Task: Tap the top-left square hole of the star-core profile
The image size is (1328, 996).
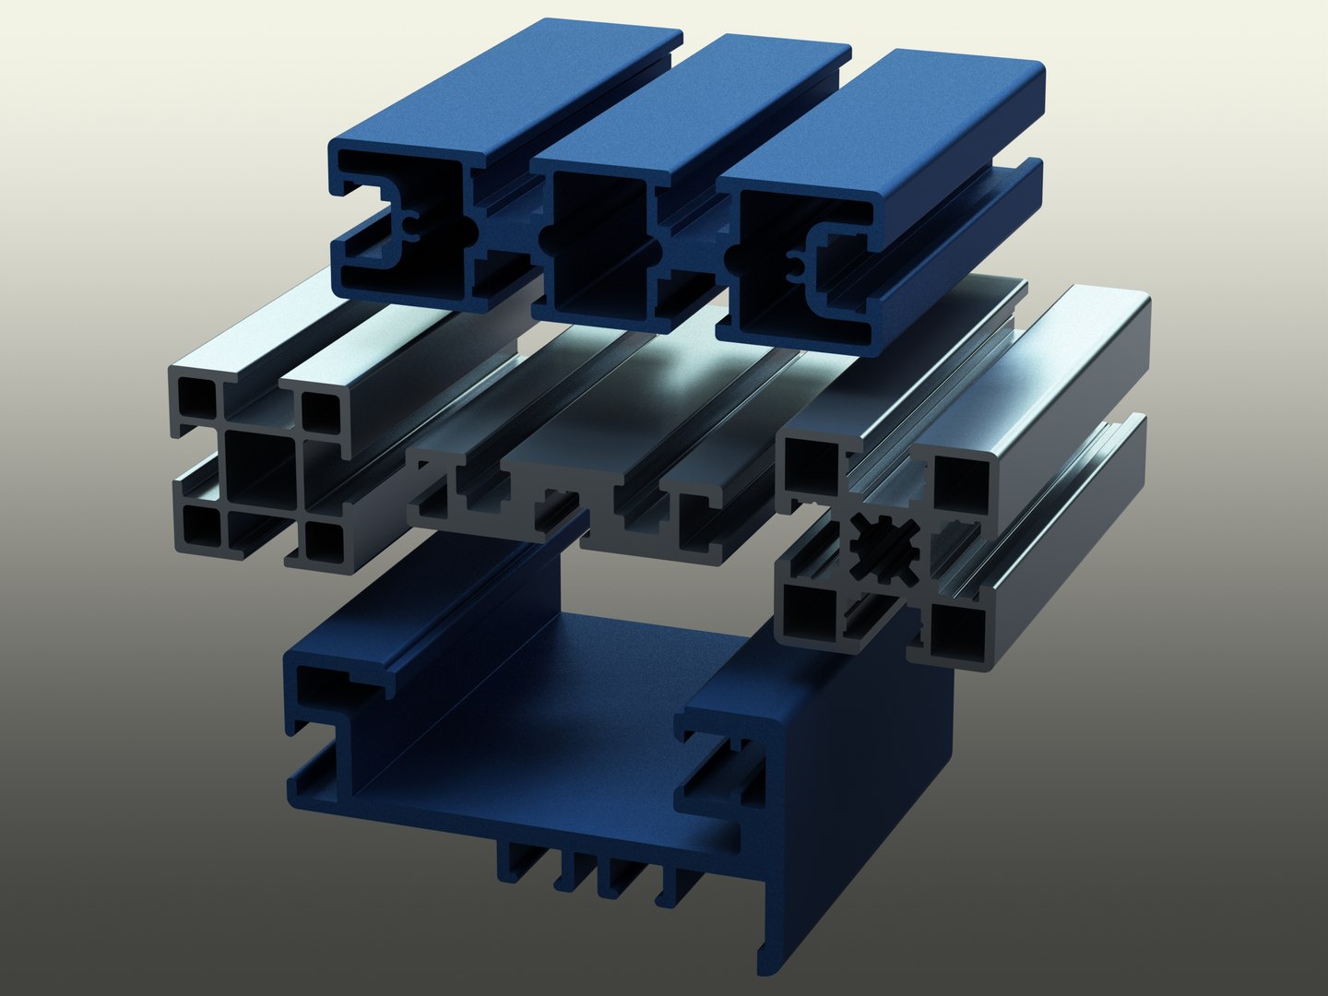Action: (x=809, y=467)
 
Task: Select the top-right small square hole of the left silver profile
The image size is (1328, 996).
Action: (x=319, y=411)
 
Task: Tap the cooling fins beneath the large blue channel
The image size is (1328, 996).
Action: (x=590, y=871)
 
